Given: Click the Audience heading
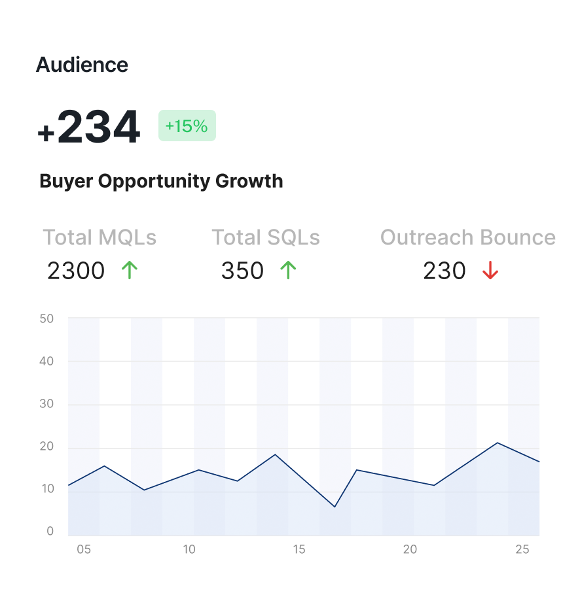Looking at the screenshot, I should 82,65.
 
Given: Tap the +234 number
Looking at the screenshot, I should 89,127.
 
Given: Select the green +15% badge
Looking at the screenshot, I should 187,126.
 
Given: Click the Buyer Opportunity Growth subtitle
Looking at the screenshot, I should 161,181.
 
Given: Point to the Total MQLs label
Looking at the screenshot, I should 100,237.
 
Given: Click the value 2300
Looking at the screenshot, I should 76,271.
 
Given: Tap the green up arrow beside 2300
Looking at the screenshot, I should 130,271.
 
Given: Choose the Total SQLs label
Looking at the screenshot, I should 266,237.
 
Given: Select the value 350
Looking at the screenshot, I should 242,271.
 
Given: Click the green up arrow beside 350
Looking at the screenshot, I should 288,271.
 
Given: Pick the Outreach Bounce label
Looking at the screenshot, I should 467,237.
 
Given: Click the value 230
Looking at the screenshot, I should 444,271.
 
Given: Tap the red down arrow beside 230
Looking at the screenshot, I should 490,271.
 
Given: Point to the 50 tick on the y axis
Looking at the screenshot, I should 46,318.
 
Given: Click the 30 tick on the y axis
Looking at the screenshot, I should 46,404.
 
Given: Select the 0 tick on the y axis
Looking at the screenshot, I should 50,532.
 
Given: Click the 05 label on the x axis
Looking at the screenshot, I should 84,550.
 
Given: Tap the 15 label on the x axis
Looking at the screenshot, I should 299,550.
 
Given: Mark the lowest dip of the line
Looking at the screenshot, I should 335,507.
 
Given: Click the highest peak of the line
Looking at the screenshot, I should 498,443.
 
